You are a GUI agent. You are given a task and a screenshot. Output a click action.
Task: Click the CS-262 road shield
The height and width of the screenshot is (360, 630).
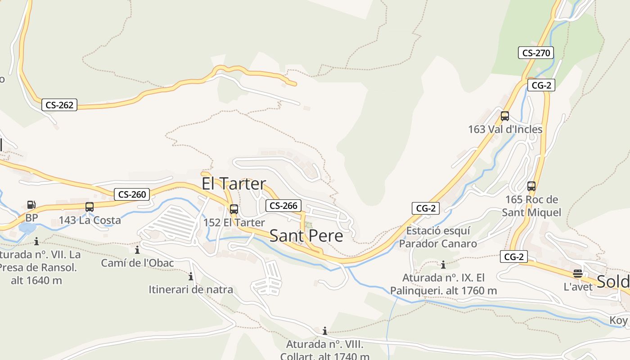click(59, 105)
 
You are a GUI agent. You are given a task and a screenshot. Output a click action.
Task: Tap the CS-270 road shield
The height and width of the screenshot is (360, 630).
click(535, 53)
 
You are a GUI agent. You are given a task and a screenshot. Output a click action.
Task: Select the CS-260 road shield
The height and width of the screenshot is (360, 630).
click(131, 194)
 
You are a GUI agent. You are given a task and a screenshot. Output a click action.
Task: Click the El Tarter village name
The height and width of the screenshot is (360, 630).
click(234, 184)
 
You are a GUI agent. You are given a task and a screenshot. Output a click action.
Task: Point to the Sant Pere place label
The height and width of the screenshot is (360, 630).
click(306, 236)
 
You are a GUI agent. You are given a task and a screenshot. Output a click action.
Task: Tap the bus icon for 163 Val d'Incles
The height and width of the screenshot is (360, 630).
click(505, 116)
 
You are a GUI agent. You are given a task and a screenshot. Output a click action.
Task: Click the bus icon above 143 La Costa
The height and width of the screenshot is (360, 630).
click(90, 207)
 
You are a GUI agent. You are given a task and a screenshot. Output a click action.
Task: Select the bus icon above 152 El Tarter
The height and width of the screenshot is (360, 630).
click(234, 209)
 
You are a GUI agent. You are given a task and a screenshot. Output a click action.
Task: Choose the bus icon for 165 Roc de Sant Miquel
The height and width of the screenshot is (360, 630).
click(531, 186)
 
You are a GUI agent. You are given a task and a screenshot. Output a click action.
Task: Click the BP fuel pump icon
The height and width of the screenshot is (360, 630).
click(31, 205)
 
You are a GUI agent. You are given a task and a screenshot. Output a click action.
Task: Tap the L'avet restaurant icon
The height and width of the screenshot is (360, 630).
click(578, 274)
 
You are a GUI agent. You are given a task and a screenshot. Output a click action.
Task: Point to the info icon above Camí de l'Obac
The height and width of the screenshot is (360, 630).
click(137, 250)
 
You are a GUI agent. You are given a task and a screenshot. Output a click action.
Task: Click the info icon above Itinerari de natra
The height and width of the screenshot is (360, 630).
click(191, 276)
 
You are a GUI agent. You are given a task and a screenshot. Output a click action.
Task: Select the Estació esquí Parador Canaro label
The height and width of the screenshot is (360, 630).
click(438, 237)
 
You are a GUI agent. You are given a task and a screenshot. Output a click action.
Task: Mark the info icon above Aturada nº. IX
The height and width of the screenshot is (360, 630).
click(443, 265)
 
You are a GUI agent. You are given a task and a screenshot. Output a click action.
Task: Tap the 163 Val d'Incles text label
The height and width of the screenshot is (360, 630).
click(505, 130)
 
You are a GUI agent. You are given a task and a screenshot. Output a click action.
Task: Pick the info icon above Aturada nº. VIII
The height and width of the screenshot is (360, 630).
click(325, 332)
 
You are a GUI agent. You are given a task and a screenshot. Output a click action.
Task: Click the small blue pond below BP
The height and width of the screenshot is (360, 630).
click(27, 228)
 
